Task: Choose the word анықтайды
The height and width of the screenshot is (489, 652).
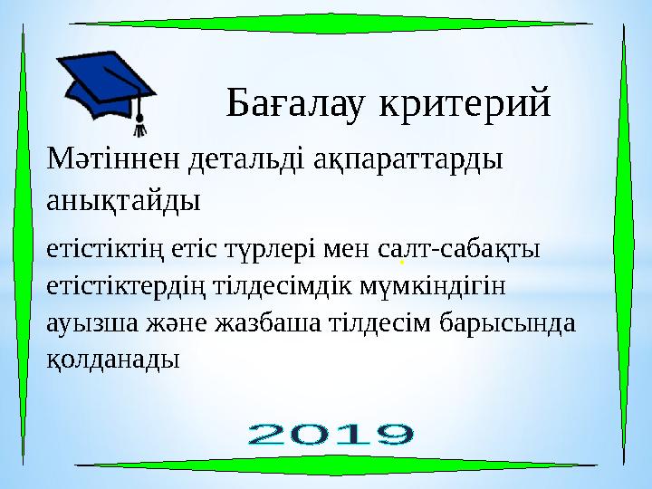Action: click(122, 198)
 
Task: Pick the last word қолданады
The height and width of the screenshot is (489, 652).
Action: click(112, 359)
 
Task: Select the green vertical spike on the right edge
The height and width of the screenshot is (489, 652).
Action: click(625, 244)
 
